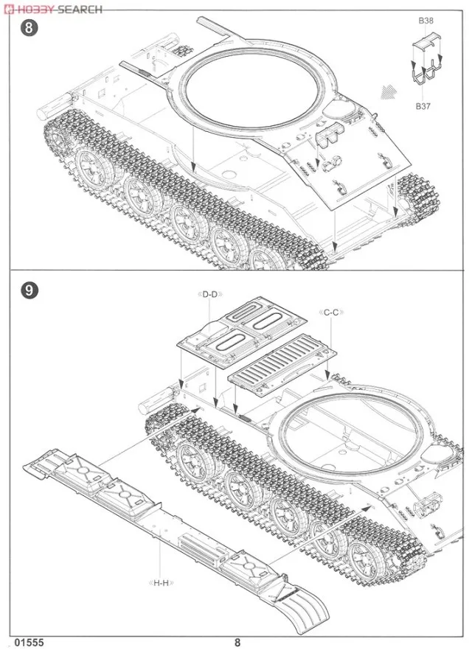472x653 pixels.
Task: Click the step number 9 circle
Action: point(28,290)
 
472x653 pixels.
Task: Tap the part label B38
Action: point(426,21)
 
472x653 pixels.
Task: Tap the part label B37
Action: point(423,106)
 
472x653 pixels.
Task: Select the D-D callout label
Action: point(210,295)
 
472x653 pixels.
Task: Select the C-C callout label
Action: point(331,312)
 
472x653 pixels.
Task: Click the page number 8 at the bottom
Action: point(237,642)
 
